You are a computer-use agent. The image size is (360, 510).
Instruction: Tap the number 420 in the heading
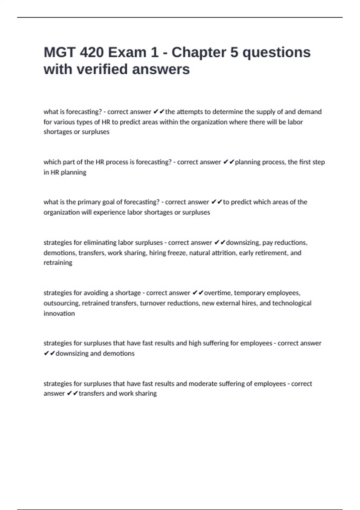[x=91, y=52]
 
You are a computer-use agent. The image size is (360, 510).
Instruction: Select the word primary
[x=89, y=202]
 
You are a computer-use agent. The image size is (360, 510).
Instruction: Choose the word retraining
[x=58, y=263]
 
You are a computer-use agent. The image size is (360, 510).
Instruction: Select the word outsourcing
[x=61, y=303]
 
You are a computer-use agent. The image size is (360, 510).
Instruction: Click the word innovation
[x=59, y=313]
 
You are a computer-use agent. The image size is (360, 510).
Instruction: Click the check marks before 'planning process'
[x=228, y=162]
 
